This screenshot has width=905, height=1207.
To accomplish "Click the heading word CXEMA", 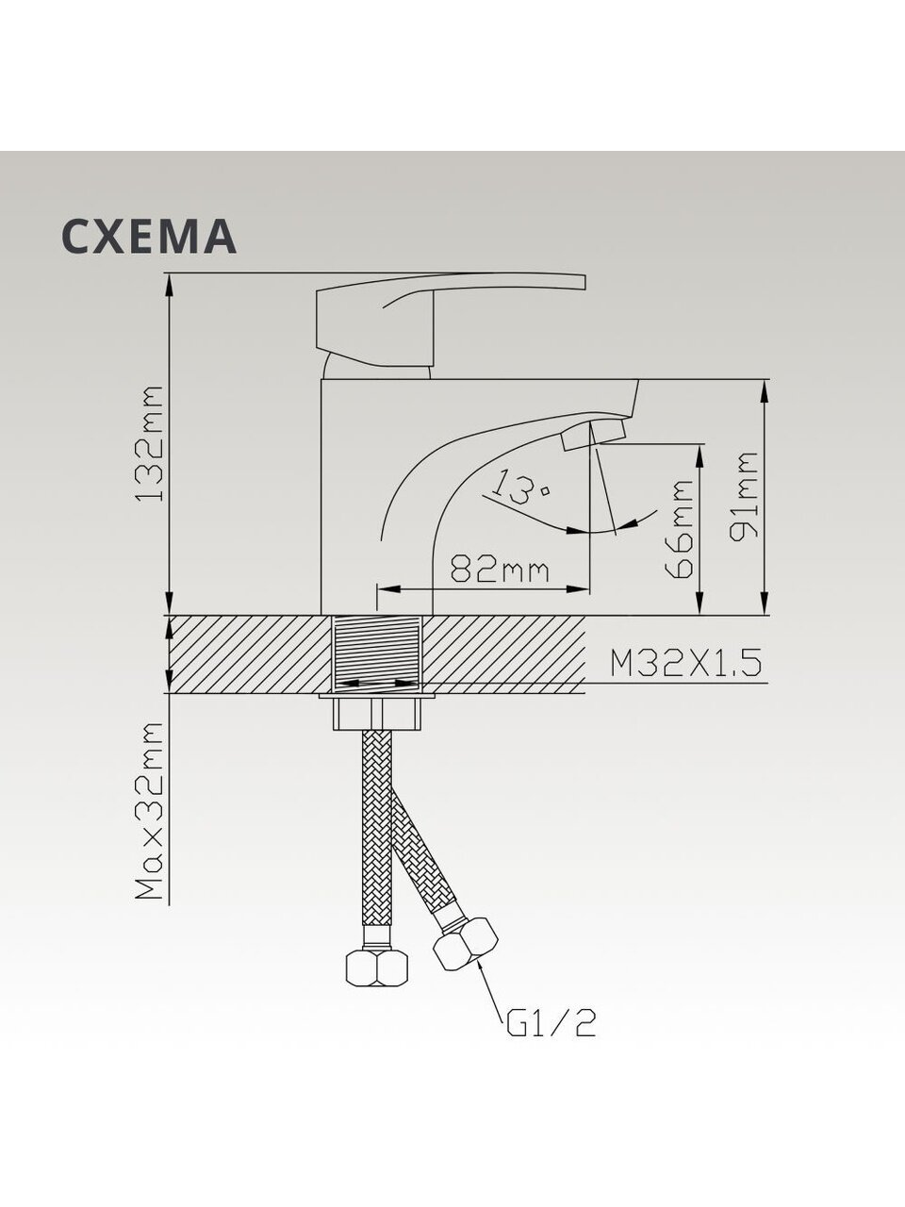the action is coord(149,236).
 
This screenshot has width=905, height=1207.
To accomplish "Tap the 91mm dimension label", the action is coord(744,496).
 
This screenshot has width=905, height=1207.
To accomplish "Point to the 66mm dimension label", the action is coord(679,528).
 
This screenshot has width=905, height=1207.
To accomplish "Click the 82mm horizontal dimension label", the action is coord(500,570).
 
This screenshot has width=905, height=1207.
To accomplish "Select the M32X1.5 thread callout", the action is coord(685,663).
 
